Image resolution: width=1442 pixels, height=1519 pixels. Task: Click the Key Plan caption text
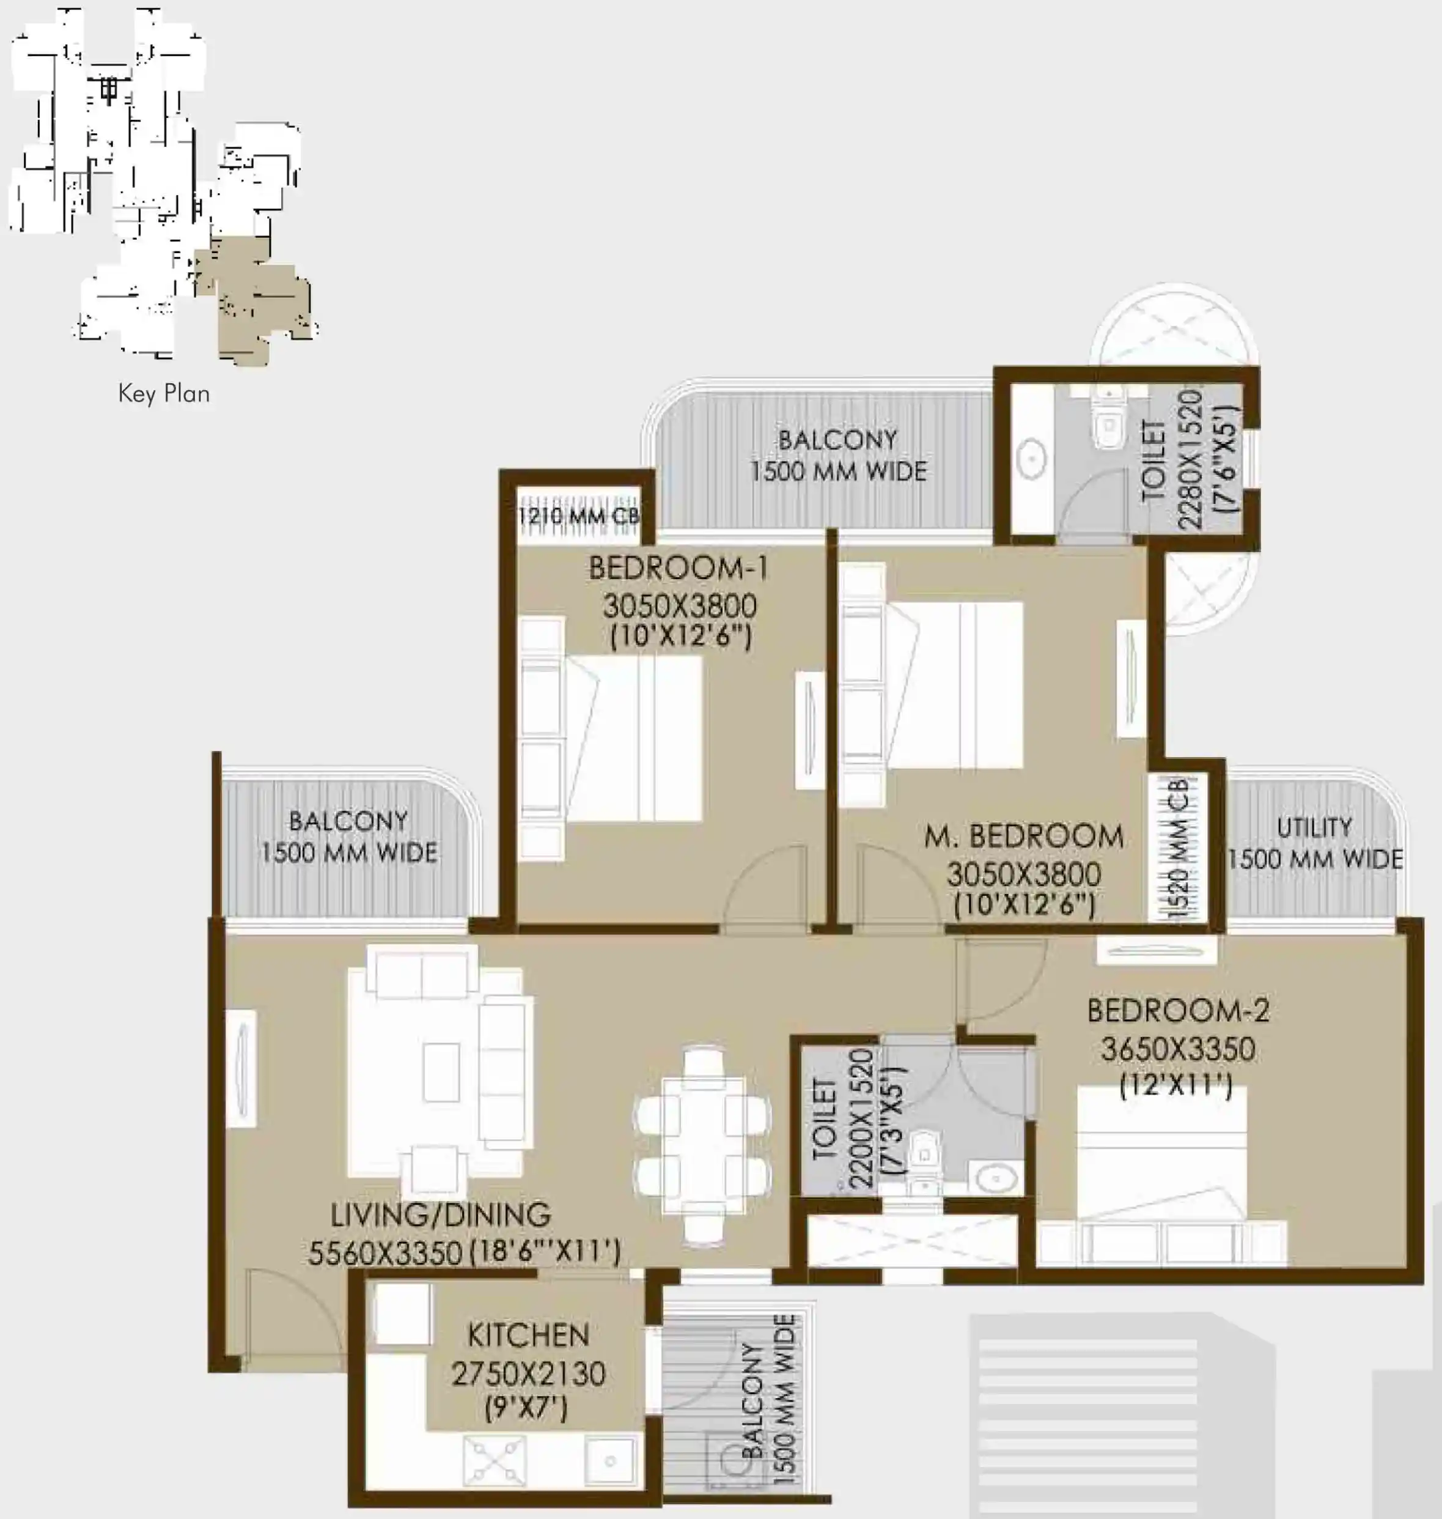(164, 394)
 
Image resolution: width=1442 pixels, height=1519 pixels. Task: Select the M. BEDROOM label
(1024, 836)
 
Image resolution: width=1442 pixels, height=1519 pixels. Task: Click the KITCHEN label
(528, 1335)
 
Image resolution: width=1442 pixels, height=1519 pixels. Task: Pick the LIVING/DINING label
(441, 1214)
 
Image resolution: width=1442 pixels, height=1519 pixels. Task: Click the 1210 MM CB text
(579, 516)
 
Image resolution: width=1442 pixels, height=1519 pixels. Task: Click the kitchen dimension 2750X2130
(528, 1373)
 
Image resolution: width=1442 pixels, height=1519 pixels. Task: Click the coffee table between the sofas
(441, 1071)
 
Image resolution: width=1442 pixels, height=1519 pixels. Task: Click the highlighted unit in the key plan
(254, 300)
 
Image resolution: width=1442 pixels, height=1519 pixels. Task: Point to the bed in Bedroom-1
(611, 738)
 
